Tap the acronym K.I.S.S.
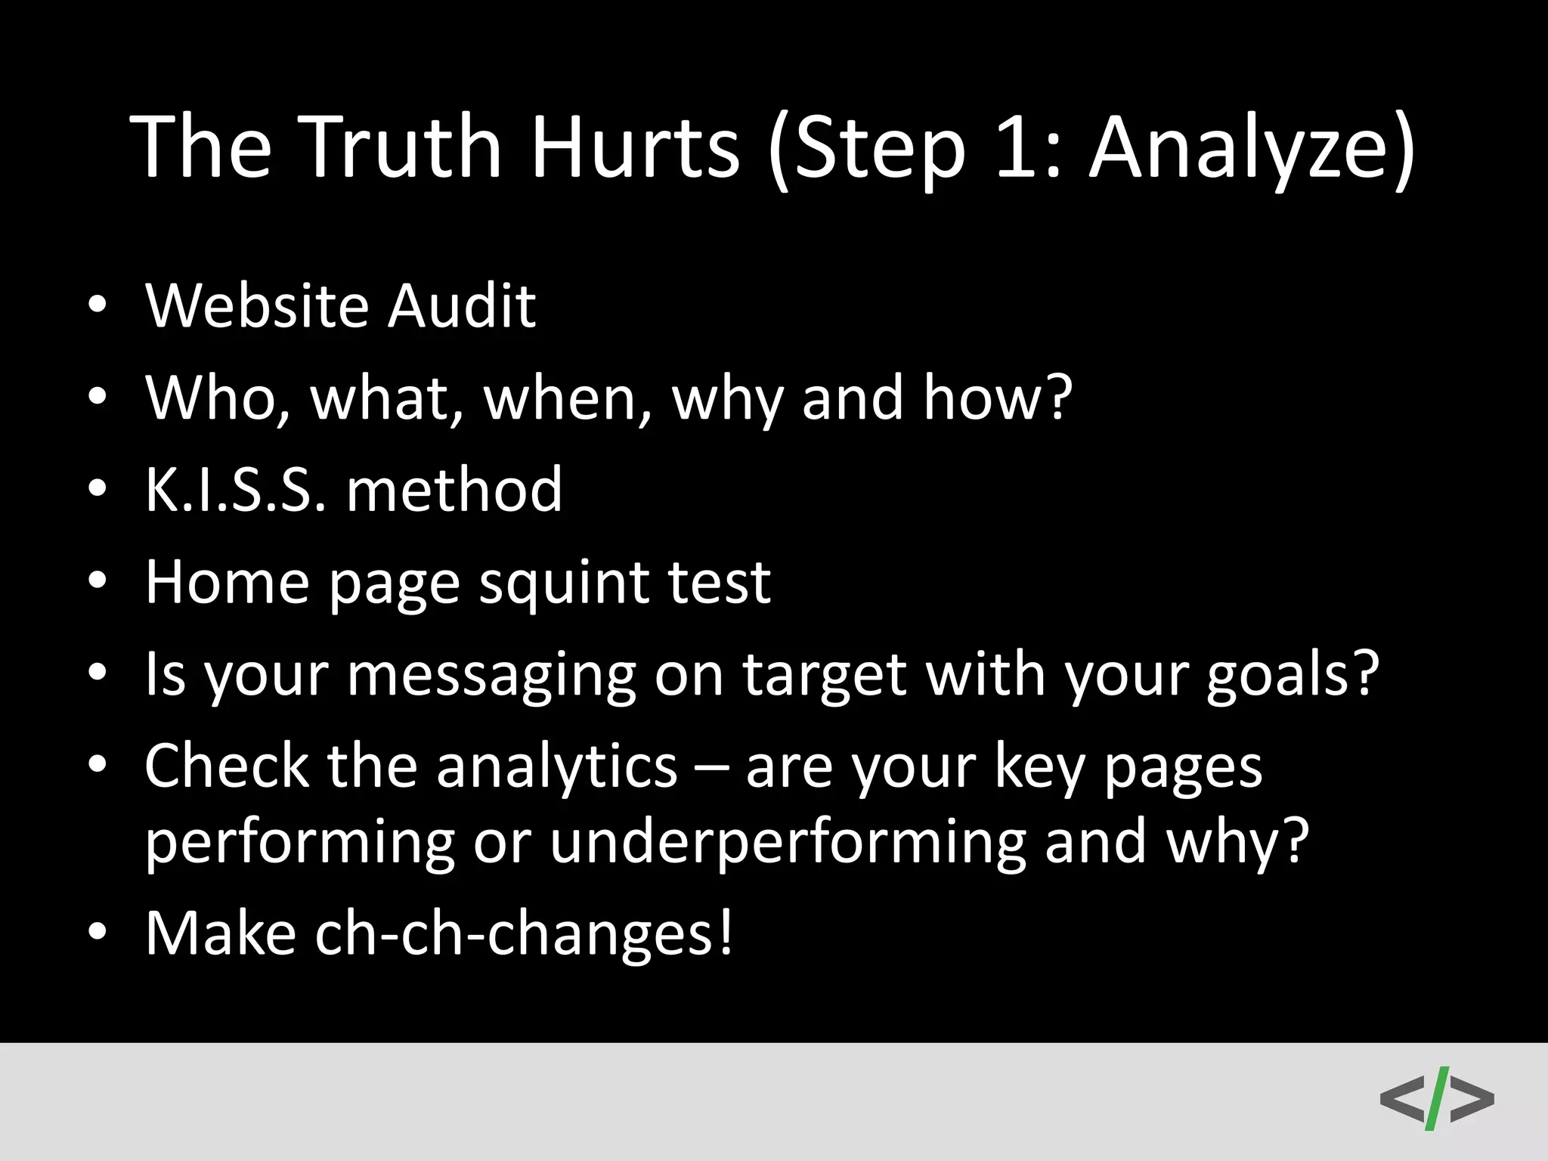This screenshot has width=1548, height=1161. (x=237, y=490)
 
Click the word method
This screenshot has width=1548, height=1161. (x=454, y=490)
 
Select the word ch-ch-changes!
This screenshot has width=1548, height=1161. (x=524, y=934)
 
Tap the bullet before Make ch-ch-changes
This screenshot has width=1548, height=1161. (x=98, y=933)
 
